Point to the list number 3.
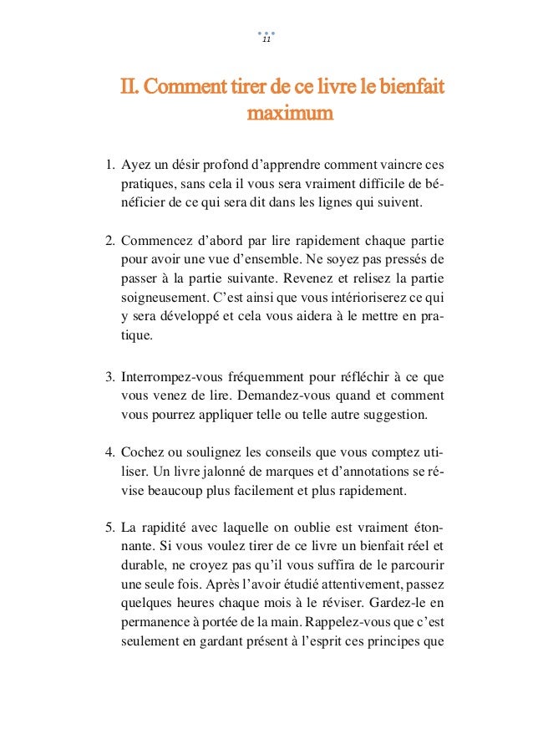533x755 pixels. (109, 377)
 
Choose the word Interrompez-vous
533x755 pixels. (172, 377)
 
